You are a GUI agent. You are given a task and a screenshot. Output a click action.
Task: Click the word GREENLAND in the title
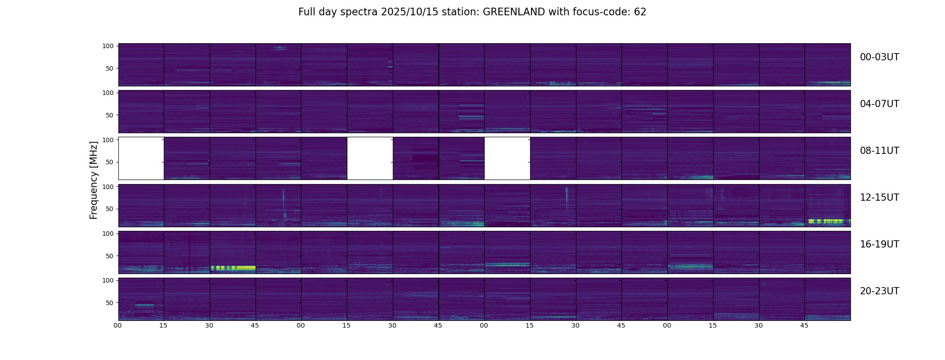click(514, 12)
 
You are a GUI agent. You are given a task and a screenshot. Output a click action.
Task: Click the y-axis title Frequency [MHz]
click(94, 180)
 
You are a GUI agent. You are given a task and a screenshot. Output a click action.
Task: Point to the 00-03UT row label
click(879, 57)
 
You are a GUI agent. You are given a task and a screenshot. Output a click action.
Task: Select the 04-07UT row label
click(879, 104)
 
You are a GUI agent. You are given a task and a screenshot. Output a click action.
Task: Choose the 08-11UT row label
click(879, 151)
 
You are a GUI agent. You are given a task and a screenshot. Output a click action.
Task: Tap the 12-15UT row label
click(879, 198)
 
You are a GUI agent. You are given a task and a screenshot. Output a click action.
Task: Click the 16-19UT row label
click(879, 244)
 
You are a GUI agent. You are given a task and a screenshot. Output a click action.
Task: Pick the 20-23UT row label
click(879, 291)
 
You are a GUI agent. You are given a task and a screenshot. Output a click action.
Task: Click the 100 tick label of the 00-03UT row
click(108, 46)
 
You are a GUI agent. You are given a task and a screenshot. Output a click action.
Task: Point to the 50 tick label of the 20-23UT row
click(110, 303)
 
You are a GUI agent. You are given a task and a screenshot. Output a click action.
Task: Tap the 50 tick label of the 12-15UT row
click(110, 209)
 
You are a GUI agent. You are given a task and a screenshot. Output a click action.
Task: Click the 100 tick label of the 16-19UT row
click(108, 234)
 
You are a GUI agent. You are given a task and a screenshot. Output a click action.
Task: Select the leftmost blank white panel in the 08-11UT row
click(141, 158)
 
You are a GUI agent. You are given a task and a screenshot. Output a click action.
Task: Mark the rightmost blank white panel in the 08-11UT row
click(507, 158)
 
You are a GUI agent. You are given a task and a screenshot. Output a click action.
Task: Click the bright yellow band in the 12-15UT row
click(826, 221)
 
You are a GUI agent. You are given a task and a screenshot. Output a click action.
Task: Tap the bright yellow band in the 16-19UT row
click(233, 267)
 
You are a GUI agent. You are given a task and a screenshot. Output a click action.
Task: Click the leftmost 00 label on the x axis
click(118, 325)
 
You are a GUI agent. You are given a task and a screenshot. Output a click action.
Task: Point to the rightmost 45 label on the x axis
click(804, 325)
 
